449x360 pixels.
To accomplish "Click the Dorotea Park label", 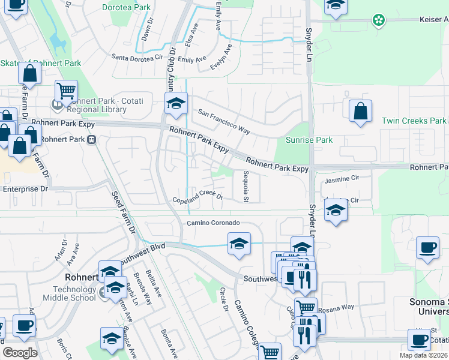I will click(126, 8).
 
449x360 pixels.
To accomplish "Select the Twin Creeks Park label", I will click(414, 121).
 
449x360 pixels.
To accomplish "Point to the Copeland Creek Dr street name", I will click(197, 196).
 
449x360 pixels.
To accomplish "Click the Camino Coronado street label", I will click(213, 223).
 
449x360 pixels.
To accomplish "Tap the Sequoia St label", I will click(246, 186).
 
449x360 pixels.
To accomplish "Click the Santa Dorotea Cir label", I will click(138, 58).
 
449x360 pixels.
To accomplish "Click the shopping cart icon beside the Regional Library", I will click(66, 91).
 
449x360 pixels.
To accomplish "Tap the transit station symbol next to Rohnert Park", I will click(92, 139).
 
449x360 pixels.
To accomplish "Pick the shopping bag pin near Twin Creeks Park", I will click(360, 112).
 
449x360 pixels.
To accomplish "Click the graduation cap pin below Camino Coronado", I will click(238, 244).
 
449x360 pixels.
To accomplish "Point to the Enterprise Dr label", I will click(25, 189).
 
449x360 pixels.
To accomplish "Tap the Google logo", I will click(20, 353).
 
